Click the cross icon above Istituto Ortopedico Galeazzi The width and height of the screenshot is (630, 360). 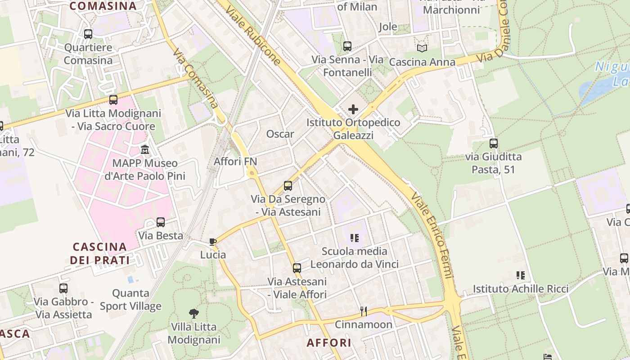click(x=353, y=109)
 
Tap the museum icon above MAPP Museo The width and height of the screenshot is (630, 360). click(x=145, y=149)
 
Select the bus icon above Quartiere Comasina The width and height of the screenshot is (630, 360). click(x=88, y=34)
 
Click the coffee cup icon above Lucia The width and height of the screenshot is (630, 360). click(x=213, y=242)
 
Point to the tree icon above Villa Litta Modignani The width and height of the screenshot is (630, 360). click(x=194, y=313)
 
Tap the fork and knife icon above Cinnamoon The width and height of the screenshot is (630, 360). click(x=364, y=310)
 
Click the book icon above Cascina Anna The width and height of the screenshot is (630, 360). click(x=422, y=48)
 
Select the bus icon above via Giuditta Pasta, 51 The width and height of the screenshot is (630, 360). click(x=494, y=144)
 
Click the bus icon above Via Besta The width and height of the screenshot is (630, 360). click(x=161, y=222)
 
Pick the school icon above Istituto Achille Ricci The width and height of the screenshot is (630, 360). click(x=521, y=275)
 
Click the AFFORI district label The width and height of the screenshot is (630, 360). click(x=329, y=342)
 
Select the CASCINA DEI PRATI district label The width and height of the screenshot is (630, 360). click(x=100, y=253)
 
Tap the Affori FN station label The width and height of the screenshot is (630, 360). click(x=235, y=161)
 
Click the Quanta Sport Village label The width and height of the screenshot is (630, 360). click(x=130, y=300)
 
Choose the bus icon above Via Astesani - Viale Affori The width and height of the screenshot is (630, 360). click(x=297, y=268)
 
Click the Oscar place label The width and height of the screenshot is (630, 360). click(x=280, y=134)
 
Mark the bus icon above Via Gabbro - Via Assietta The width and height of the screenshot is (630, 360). click(x=63, y=288)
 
